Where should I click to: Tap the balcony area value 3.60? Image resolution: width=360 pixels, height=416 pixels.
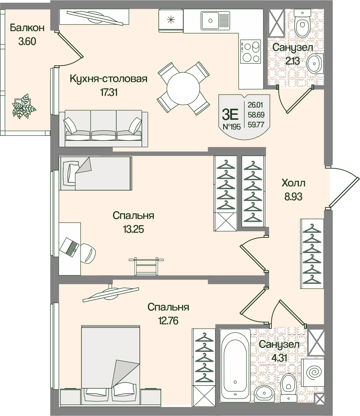click(x=27, y=42)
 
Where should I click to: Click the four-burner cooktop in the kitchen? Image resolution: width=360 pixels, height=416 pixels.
click(x=250, y=51)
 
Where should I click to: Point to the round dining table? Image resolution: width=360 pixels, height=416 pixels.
click(x=183, y=88)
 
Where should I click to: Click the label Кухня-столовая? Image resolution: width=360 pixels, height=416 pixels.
click(x=108, y=79)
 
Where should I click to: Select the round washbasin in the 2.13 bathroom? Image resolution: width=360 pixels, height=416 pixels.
click(x=315, y=63)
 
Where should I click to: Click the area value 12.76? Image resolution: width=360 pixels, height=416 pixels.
click(x=168, y=319)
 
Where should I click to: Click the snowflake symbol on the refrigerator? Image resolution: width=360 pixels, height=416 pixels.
click(x=171, y=20)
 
